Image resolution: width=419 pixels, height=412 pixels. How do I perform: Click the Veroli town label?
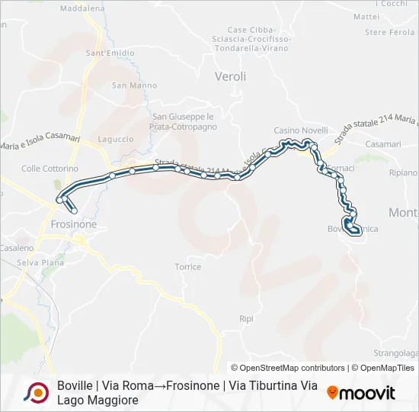[x=230, y=76]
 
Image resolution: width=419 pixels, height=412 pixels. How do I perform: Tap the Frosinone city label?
[x=73, y=225]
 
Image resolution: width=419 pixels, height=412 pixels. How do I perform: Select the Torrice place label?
[x=188, y=267]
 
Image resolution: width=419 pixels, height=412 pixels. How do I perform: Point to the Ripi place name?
[x=245, y=319]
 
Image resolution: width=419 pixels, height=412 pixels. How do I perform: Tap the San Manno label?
[x=129, y=85]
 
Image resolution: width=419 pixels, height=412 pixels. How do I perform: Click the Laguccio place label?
[x=116, y=140]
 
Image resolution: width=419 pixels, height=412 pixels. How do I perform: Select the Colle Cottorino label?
[x=50, y=169]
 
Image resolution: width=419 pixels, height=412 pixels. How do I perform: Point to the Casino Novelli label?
[x=301, y=130]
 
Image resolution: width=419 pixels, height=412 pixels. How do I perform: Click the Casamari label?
[x=382, y=144]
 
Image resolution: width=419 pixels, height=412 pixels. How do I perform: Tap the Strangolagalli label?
[x=396, y=353]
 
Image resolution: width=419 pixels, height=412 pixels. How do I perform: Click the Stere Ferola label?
[x=389, y=32]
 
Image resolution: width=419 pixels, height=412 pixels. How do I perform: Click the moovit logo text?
[x=367, y=393]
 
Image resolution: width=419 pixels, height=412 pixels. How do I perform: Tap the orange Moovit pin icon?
[x=332, y=393]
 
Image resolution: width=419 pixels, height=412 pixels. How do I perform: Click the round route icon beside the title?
[x=36, y=393]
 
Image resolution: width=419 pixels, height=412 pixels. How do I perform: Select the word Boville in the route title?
[x=74, y=385]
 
